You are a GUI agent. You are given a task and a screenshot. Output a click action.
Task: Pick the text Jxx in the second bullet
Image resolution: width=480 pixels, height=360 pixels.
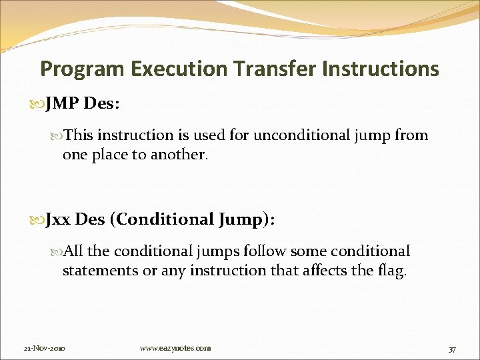pyautogui.click(x=59, y=219)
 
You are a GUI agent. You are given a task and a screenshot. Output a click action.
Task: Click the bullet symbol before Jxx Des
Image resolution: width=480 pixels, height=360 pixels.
pyautogui.click(x=37, y=220)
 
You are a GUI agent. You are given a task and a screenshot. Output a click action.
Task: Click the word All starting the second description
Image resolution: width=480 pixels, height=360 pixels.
pyautogui.click(x=74, y=251)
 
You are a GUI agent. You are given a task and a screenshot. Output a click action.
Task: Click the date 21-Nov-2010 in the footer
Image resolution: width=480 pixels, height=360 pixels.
pyautogui.click(x=43, y=348)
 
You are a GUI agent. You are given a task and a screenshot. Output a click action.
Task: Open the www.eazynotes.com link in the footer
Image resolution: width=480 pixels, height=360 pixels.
pyautogui.click(x=175, y=348)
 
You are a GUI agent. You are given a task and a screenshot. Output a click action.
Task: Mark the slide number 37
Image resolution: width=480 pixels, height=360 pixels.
pyautogui.click(x=452, y=349)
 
